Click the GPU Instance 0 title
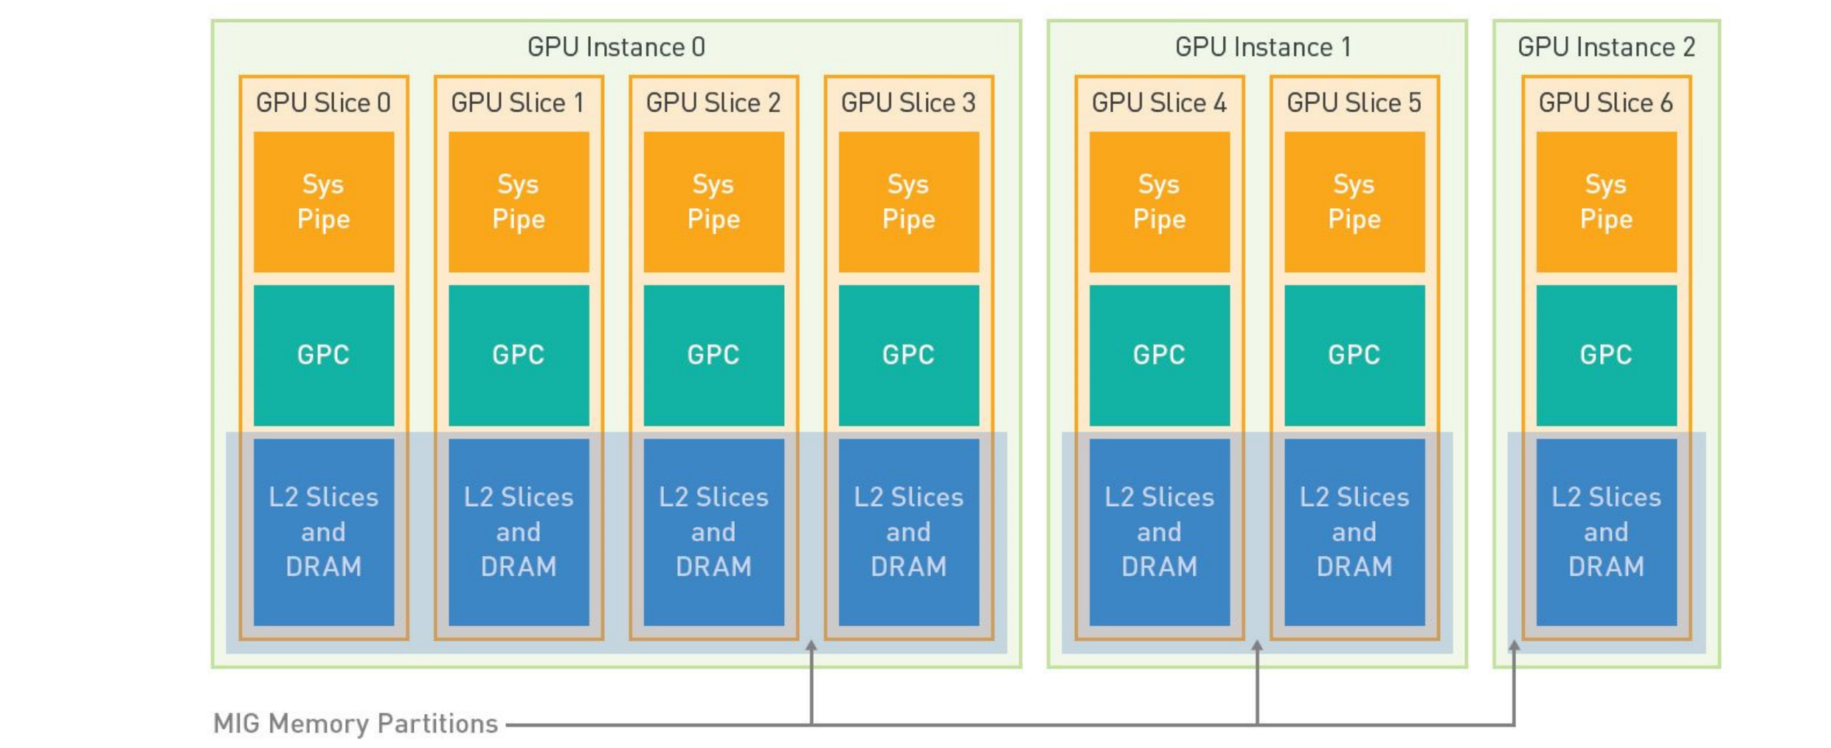click(x=616, y=47)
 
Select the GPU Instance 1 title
click(x=1263, y=47)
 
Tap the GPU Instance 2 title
click(x=1606, y=47)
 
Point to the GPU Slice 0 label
click(x=323, y=103)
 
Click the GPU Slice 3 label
click(x=908, y=103)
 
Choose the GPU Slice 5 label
click(x=1354, y=103)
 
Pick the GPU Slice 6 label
click(x=1605, y=103)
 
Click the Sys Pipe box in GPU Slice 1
click(x=519, y=201)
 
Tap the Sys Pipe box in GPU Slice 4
click(x=1160, y=201)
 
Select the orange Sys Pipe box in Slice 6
click(x=1607, y=201)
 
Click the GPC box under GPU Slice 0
click(x=324, y=355)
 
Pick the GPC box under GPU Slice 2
click(x=714, y=355)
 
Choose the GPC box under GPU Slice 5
click(x=1354, y=355)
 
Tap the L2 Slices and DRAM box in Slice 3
click(x=909, y=532)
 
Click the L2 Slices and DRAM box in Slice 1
click(x=519, y=532)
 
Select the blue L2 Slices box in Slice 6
click(x=1607, y=532)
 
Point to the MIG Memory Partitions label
click(x=356, y=724)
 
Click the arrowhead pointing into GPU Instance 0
click(x=811, y=645)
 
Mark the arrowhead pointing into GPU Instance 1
click(x=1257, y=645)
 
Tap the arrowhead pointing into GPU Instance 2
click(x=1514, y=645)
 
